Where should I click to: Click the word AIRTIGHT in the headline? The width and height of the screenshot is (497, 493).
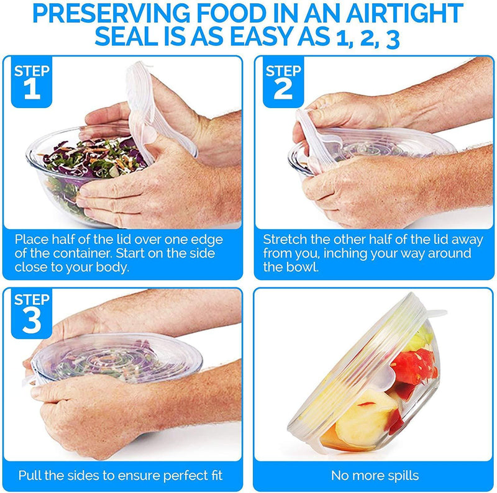pyautogui.click(x=405, y=13)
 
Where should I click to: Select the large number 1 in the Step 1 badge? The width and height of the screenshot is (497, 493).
pyautogui.click(x=32, y=89)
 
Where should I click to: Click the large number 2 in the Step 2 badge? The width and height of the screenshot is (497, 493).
pyautogui.click(x=283, y=89)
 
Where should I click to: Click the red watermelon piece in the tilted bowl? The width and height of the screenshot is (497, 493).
pyautogui.click(x=414, y=366)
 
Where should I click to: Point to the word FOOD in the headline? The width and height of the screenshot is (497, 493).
pyautogui.click(x=231, y=13)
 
